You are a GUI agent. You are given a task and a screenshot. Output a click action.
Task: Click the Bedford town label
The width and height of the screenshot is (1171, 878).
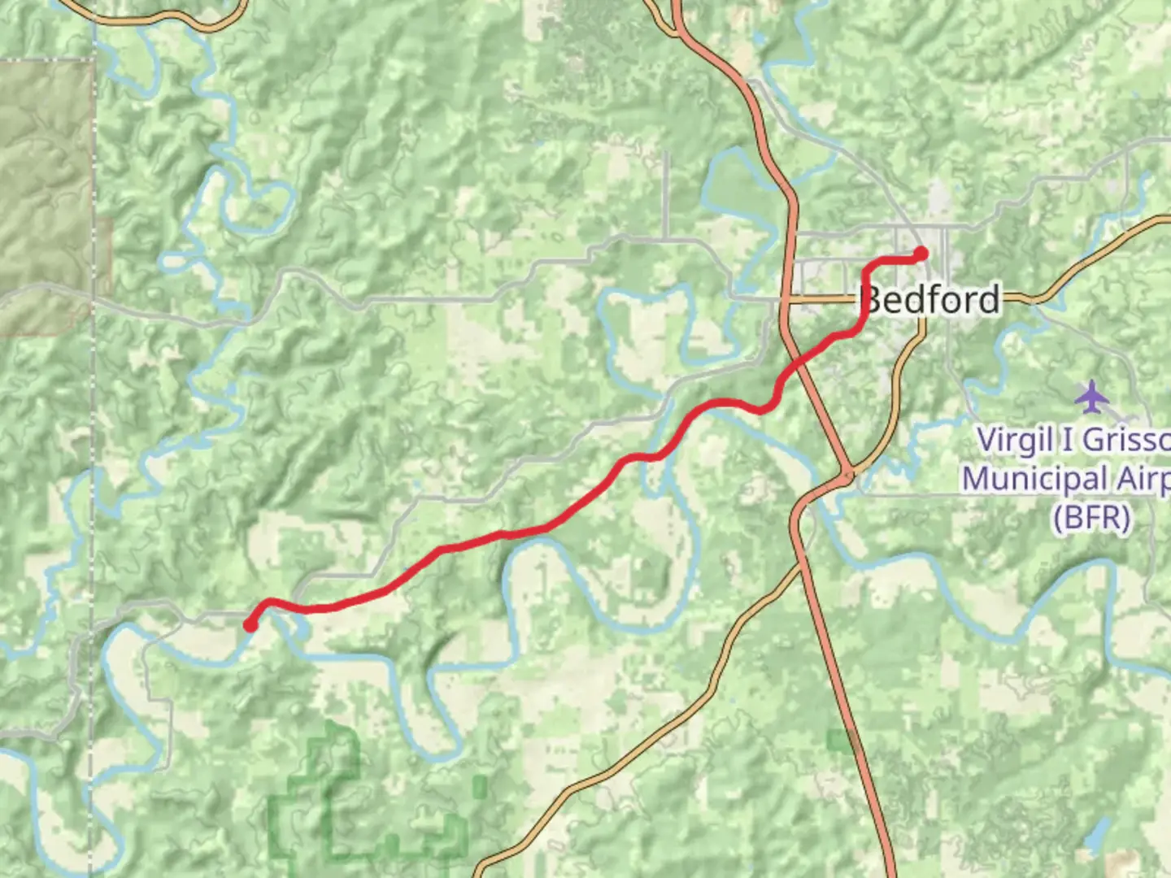click(x=930, y=300)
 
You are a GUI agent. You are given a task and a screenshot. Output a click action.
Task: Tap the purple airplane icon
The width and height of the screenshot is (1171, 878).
click(x=1091, y=397)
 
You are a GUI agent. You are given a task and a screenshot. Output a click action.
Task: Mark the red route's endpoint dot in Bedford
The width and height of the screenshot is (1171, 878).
click(x=921, y=254)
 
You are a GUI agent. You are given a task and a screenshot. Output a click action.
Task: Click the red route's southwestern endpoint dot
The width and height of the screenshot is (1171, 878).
click(x=251, y=624)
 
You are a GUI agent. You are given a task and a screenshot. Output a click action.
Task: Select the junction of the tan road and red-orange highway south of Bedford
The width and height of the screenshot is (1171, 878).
click(x=847, y=473)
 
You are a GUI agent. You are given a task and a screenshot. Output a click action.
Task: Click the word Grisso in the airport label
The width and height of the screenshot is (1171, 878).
click(x=1126, y=441)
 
